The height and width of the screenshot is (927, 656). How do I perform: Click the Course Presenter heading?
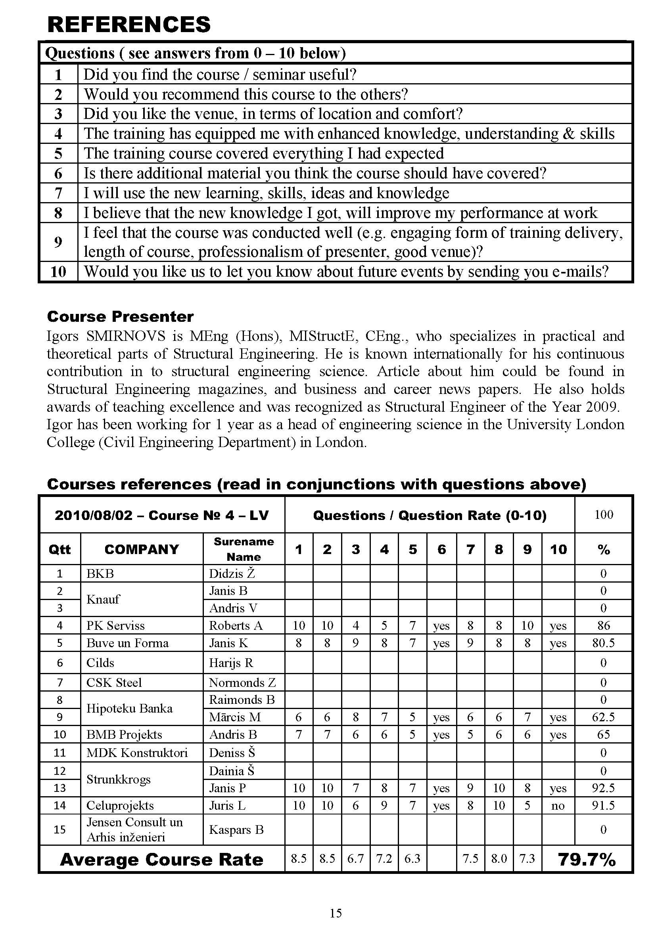click(x=120, y=317)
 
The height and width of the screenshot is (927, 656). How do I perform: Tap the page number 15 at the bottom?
click(x=336, y=913)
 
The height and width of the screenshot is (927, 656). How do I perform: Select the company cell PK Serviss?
click(x=115, y=625)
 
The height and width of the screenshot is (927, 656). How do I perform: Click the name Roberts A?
click(x=236, y=625)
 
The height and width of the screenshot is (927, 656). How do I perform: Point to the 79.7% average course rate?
click(x=587, y=860)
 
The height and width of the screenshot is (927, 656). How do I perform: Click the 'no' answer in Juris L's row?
click(x=558, y=806)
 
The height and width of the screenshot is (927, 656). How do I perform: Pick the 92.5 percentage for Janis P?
click(x=603, y=788)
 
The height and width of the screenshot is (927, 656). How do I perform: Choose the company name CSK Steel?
click(x=114, y=682)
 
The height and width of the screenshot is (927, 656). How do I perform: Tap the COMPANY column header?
click(x=141, y=549)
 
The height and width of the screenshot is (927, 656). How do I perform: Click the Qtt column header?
click(x=60, y=549)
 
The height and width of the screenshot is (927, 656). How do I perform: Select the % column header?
click(x=604, y=549)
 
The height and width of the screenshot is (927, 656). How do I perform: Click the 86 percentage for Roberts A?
click(x=604, y=625)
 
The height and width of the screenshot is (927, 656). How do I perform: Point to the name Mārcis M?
click(x=235, y=717)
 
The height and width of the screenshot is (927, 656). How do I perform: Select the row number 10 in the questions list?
click(x=59, y=271)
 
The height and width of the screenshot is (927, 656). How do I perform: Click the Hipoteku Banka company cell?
click(x=129, y=708)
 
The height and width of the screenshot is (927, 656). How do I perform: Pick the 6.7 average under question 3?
click(x=355, y=858)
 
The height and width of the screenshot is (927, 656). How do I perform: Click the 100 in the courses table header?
click(x=604, y=514)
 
